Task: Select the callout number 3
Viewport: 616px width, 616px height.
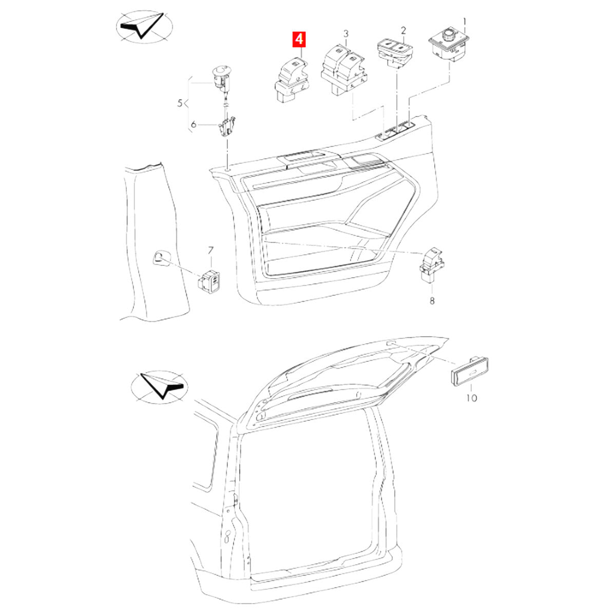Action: tap(346, 34)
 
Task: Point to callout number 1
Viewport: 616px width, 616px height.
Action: tap(465, 22)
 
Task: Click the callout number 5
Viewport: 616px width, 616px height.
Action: tap(180, 104)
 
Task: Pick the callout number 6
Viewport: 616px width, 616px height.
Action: tap(194, 124)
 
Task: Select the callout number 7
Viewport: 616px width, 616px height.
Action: tap(210, 250)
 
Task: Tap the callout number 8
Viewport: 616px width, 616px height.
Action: tap(432, 301)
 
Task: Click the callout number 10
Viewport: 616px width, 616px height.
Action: tap(471, 398)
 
